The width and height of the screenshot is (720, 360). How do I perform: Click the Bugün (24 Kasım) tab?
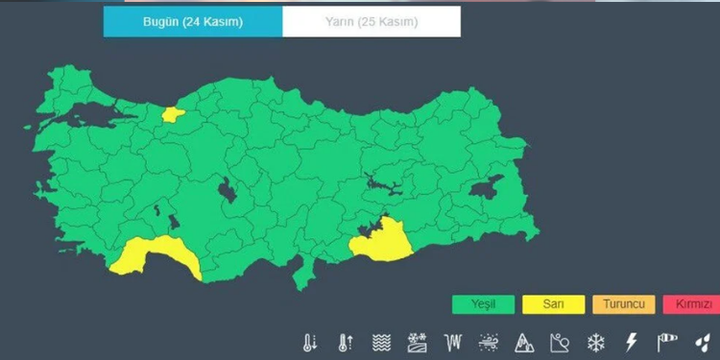[x=192, y=21]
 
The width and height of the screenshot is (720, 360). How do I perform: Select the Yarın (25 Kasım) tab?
[x=371, y=21]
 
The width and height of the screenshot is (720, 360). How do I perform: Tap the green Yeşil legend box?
[x=483, y=305]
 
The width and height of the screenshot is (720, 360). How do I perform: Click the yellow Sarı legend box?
[x=554, y=305]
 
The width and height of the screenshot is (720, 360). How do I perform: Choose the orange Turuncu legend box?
[x=624, y=305]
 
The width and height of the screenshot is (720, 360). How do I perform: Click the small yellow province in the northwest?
[x=173, y=113]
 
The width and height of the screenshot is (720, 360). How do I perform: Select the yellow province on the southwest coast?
[x=154, y=254]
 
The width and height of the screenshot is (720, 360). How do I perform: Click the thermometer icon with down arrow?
[x=310, y=343]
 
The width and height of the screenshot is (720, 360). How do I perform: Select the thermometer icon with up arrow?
[x=346, y=343]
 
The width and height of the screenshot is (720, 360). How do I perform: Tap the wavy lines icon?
[x=381, y=343]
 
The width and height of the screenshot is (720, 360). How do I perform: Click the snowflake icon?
[x=595, y=343]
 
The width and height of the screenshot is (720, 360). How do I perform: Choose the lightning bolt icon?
[x=631, y=343]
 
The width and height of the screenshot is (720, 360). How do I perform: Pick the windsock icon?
[x=667, y=343]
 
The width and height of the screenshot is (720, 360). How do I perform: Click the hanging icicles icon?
[x=453, y=343]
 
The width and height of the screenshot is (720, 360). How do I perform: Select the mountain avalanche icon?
[x=524, y=343]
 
